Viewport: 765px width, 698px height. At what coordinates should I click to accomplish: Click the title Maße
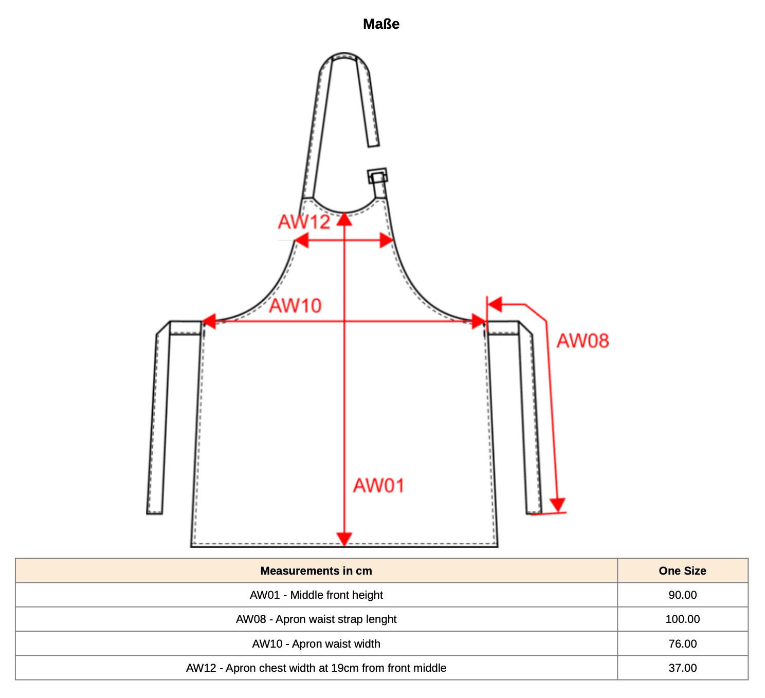pyautogui.click(x=381, y=24)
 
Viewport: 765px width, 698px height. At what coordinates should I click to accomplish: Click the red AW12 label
pyautogui.click(x=304, y=222)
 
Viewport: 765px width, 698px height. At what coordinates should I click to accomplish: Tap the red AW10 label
pyautogui.click(x=296, y=306)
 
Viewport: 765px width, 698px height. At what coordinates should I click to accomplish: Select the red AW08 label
pyautogui.click(x=583, y=341)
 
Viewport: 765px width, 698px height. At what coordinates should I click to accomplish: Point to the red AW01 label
pyautogui.click(x=379, y=486)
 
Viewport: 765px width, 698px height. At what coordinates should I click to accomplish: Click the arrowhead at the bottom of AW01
pyautogui.click(x=344, y=539)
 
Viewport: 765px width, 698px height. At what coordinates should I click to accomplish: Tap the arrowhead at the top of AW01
pyautogui.click(x=344, y=219)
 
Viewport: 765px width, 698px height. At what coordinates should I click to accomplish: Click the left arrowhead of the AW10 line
pyautogui.click(x=209, y=322)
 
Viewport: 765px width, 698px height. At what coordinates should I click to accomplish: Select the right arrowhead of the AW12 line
pyautogui.click(x=387, y=241)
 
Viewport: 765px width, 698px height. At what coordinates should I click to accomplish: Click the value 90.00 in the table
pyautogui.click(x=683, y=596)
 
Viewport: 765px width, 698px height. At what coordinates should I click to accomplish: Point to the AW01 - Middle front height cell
pyautogui.click(x=316, y=596)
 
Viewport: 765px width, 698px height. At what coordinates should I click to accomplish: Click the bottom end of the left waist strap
pyautogui.click(x=154, y=513)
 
